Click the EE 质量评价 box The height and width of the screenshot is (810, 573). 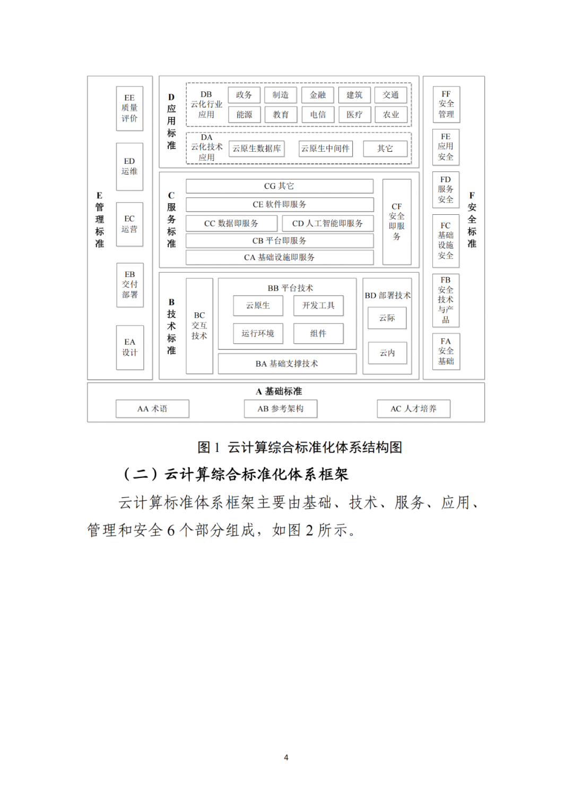pyautogui.click(x=129, y=108)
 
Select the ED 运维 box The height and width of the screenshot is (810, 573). pyautogui.click(x=129, y=167)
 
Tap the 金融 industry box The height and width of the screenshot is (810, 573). pyautogui.click(x=317, y=95)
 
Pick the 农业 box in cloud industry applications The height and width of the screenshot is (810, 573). pyautogui.click(x=391, y=115)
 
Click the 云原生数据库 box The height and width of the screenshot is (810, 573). pyautogui.click(x=257, y=149)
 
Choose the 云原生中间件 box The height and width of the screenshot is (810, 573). pyautogui.click(x=325, y=149)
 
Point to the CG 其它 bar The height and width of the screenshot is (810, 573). pyautogui.click(x=279, y=186)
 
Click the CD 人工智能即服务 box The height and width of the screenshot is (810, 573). pyautogui.click(x=327, y=223)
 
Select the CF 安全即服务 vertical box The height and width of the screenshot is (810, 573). pyautogui.click(x=397, y=222)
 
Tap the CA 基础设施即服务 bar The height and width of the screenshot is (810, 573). pyautogui.click(x=279, y=257)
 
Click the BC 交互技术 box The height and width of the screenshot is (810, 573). pyautogui.click(x=199, y=326)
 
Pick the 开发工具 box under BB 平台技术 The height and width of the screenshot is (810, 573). pyautogui.click(x=318, y=306)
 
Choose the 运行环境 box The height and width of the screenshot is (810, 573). pyautogui.click(x=258, y=333)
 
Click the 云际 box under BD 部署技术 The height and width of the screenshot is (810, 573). pyautogui.click(x=387, y=318)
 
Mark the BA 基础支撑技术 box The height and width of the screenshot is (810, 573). pyautogui.click(x=287, y=364)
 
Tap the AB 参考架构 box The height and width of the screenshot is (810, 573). pyautogui.click(x=281, y=409)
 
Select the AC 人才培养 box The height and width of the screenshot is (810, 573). pyautogui.click(x=413, y=409)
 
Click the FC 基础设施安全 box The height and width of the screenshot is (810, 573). pyautogui.click(x=446, y=241)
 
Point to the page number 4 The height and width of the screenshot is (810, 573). pyautogui.click(x=286, y=757)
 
